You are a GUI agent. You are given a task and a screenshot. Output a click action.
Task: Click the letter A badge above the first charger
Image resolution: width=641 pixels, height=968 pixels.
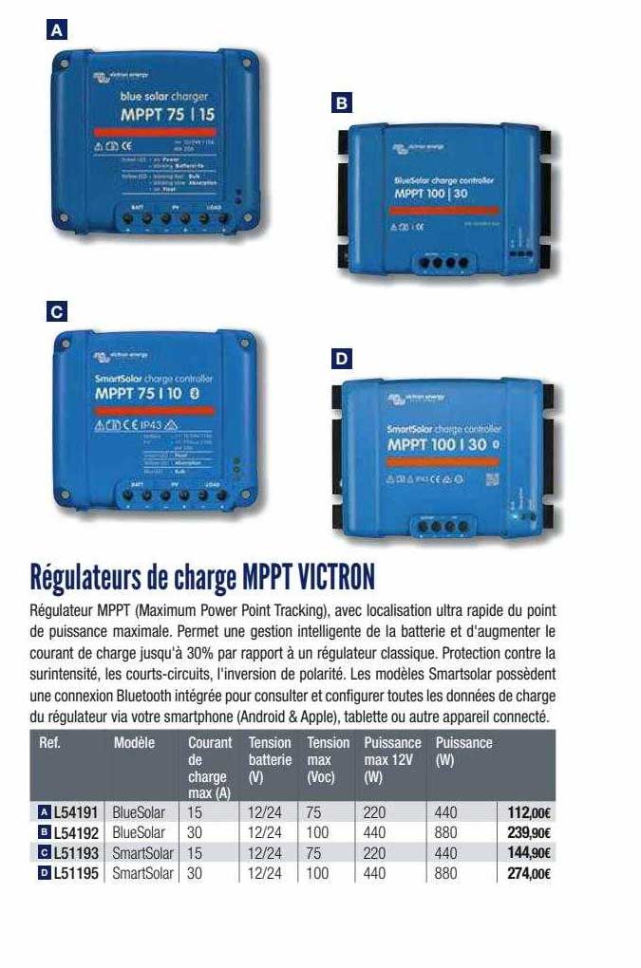coord(59,29)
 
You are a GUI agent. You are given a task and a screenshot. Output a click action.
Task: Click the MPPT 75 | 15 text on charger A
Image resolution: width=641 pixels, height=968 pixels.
coord(167,114)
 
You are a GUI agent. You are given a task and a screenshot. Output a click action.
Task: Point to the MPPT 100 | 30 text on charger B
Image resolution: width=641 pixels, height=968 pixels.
coord(432,193)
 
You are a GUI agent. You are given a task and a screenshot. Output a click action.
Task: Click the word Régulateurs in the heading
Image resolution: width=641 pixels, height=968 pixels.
coord(95,576)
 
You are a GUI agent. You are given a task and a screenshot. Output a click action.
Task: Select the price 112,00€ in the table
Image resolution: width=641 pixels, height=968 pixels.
coord(530,812)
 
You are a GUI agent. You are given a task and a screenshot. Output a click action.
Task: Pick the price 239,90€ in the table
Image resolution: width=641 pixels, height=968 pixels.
coord(530,833)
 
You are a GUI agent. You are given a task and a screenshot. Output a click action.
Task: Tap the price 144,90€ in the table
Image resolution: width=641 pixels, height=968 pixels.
coord(530,853)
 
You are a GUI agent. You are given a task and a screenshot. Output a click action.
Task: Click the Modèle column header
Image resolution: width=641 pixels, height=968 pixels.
coord(134,743)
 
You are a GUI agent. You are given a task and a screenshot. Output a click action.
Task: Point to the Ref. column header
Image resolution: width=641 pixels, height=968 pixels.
coord(50,743)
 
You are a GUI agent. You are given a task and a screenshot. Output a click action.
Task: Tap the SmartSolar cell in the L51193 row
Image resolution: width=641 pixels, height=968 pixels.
coord(142,853)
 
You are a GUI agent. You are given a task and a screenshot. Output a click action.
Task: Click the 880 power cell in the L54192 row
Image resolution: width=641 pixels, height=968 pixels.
coord(445,833)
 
